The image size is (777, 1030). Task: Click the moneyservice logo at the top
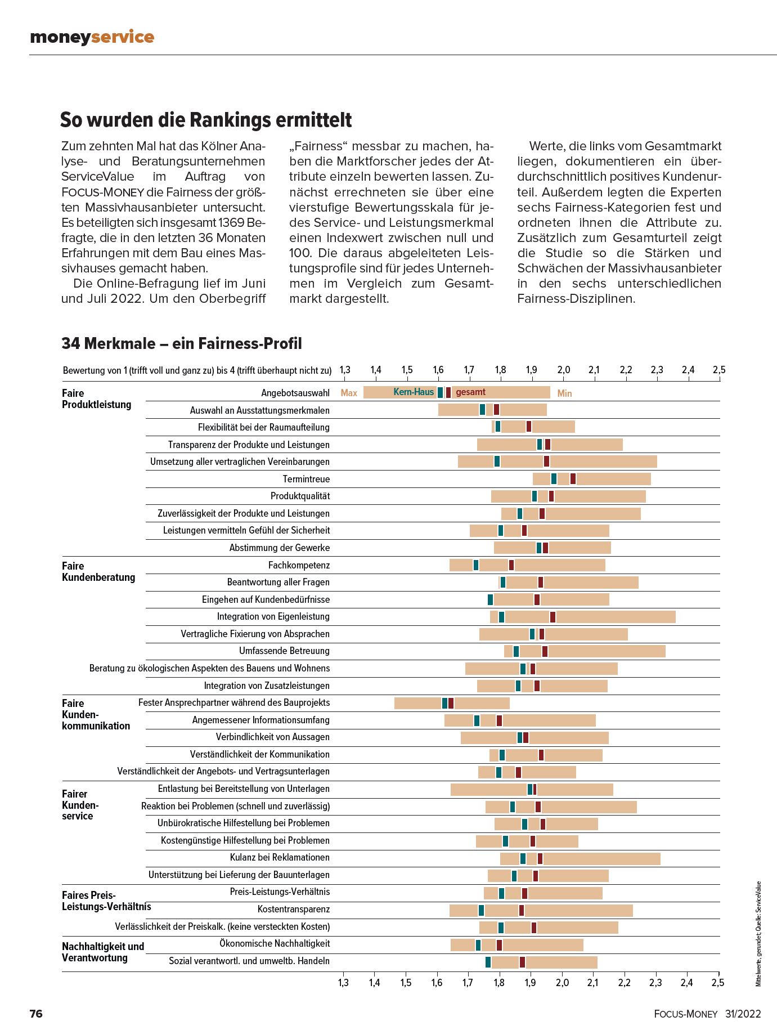pos(92,37)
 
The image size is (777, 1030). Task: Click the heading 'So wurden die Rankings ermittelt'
pos(206,120)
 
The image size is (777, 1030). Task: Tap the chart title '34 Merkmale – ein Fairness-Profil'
pos(182,343)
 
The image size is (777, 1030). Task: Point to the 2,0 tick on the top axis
pos(563,370)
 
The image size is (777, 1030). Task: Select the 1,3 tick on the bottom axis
pos(343,983)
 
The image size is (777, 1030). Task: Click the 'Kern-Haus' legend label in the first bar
pos(414,392)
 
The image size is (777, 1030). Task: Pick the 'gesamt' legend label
pos(470,392)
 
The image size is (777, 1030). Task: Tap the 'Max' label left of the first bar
pos(349,393)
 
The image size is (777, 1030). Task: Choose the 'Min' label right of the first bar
pos(564,393)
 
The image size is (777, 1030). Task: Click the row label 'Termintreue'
pos(306,479)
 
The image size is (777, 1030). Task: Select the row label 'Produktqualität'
pos(300,496)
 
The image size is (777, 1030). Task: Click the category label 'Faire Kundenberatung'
pos(98,571)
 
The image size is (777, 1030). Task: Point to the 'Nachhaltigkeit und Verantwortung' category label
pos(103,952)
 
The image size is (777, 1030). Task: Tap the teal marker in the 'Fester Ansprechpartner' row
pos(444,703)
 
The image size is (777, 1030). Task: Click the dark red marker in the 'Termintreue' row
pos(573,479)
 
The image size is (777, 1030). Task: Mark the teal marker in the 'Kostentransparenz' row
pos(481,910)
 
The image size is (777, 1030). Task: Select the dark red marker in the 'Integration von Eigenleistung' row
pos(553,617)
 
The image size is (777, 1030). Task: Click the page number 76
pos(36,1014)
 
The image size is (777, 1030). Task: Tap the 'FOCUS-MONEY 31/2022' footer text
pos(707,1014)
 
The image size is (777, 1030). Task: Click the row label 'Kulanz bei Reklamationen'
pos(280,857)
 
